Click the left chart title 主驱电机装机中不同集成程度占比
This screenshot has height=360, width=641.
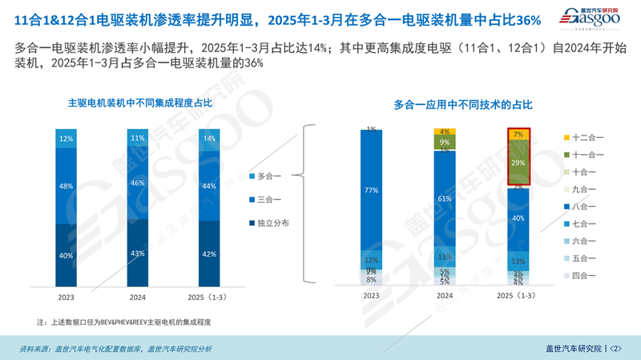(140, 103)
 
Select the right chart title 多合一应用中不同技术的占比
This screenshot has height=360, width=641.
(463, 104)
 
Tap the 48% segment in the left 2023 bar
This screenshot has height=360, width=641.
(66, 185)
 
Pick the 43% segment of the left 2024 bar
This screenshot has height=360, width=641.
(138, 253)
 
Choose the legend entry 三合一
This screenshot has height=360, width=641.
(269, 199)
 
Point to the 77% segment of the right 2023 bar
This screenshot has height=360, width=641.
(371, 191)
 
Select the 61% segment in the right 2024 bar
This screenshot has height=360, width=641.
(445, 198)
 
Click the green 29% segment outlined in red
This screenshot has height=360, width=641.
(518, 163)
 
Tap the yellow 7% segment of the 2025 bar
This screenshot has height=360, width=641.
(518, 135)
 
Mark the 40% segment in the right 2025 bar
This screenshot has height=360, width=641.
(518, 218)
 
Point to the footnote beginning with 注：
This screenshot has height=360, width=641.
(128, 322)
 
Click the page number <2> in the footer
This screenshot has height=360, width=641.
(616, 348)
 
